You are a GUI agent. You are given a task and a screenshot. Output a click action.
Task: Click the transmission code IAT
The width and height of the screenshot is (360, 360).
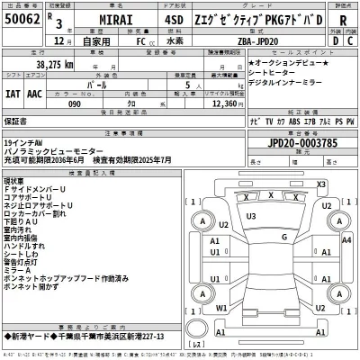tap(14, 92)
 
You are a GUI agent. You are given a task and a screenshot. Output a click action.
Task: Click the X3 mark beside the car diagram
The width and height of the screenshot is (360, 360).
tap(320, 184)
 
